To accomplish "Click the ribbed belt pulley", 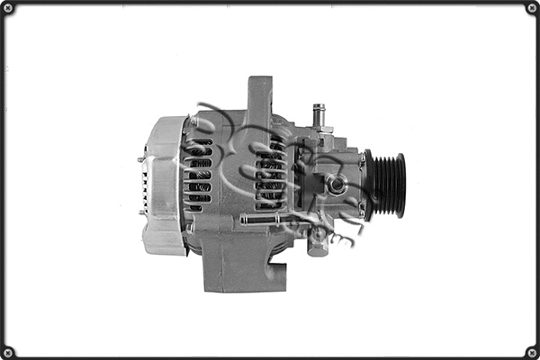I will [x=387, y=184].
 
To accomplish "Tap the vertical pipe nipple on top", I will [x=318, y=114].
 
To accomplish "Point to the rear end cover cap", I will [x=163, y=184].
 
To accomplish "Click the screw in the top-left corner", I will [x=8, y=8].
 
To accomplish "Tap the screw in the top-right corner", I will [x=531, y=8].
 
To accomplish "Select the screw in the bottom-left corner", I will [x=8, y=351].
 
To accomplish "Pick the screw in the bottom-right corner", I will [x=531, y=351].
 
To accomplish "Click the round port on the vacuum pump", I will [x=337, y=184].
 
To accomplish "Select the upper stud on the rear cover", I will [x=141, y=160].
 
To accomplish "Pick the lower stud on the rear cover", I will [x=141, y=212].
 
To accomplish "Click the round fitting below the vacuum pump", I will [x=317, y=238].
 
